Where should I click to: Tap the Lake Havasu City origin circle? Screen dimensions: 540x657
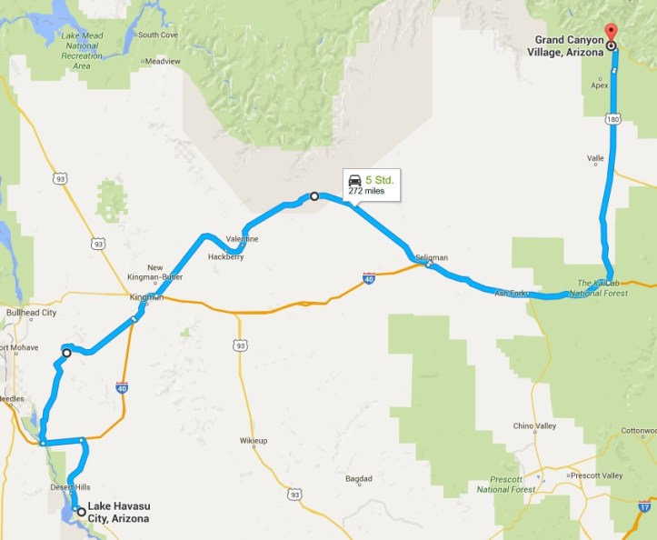[82, 512]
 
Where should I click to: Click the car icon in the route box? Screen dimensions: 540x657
[355, 180]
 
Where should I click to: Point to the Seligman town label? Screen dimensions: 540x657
[432, 258]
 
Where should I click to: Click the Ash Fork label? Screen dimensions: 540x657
[511, 294]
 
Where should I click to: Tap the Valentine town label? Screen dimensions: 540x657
[243, 239]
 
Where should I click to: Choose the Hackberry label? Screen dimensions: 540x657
[225, 257]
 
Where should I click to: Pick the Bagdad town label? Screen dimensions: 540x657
[359, 479]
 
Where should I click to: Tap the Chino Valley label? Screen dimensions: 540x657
[534, 425]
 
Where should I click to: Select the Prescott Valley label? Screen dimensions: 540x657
[598, 475]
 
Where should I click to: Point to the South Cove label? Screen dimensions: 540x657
[157, 35]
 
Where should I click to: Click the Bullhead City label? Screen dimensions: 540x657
[32, 313]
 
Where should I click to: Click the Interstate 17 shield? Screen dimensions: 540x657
[642, 503]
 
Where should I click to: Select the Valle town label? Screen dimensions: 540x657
[595, 158]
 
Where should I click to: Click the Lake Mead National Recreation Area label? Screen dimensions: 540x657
[83, 51]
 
